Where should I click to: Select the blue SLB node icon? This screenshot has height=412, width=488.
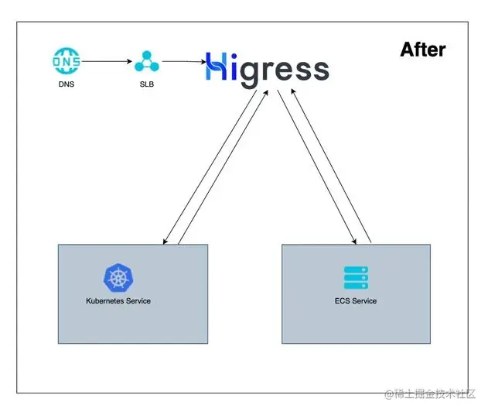146,60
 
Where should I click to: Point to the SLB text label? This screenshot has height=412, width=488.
146,84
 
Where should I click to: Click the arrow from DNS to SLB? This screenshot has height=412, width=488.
104,60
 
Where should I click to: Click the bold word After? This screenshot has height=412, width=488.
422,50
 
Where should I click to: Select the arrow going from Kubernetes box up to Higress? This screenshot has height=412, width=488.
225,167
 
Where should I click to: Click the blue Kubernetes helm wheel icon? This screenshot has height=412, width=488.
118,278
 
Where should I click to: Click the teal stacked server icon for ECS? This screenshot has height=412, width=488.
357,278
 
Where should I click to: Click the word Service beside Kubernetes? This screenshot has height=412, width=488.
138,300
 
